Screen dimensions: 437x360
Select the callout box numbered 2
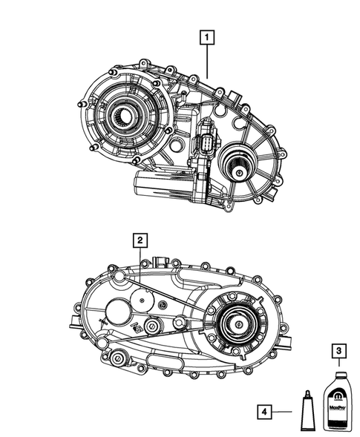click(139, 240)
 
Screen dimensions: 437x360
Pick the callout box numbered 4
click(265, 410)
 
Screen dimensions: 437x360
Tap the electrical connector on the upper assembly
click(206, 142)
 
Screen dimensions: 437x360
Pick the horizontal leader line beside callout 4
click(285, 410)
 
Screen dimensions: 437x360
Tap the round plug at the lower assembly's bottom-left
click(117, 360)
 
